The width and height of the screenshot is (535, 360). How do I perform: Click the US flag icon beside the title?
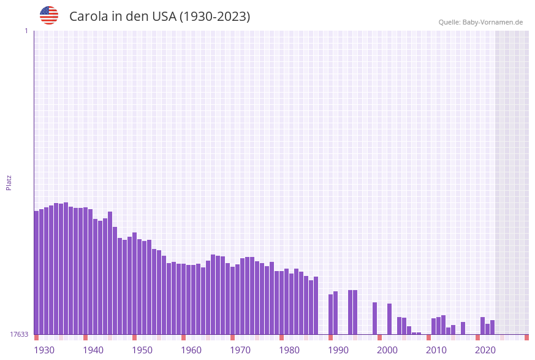point(49,15)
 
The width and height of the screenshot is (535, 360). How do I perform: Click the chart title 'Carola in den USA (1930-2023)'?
point(159,17)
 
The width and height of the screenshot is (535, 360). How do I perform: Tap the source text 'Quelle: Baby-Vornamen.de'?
point(480,22)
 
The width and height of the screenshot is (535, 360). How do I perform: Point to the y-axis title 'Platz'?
point(9,182)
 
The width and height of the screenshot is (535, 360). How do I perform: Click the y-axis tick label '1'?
point(26,31)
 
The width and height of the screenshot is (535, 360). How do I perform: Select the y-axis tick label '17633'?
point(19,334)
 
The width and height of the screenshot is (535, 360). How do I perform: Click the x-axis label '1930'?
point(44,350)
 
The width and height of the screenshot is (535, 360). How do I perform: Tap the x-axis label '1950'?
point(142,350)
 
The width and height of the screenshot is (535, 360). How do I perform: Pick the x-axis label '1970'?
point(240,350)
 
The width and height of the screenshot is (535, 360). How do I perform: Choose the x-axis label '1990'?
point(338,350)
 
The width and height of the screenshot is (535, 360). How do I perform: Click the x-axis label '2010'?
point(436,350)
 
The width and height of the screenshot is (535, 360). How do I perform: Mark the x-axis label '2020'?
point(485,350)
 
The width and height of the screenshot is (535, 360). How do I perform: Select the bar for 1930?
point(36,273)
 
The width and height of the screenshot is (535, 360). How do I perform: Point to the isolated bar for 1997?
point(374,318)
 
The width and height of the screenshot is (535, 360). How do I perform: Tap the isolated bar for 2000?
point(389,319)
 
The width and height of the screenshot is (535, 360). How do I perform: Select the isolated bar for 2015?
point(463,328)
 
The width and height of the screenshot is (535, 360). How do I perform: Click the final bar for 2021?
point(492,327)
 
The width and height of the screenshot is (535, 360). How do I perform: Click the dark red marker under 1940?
point(85,337)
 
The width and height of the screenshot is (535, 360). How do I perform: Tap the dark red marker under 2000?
point(379,337)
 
